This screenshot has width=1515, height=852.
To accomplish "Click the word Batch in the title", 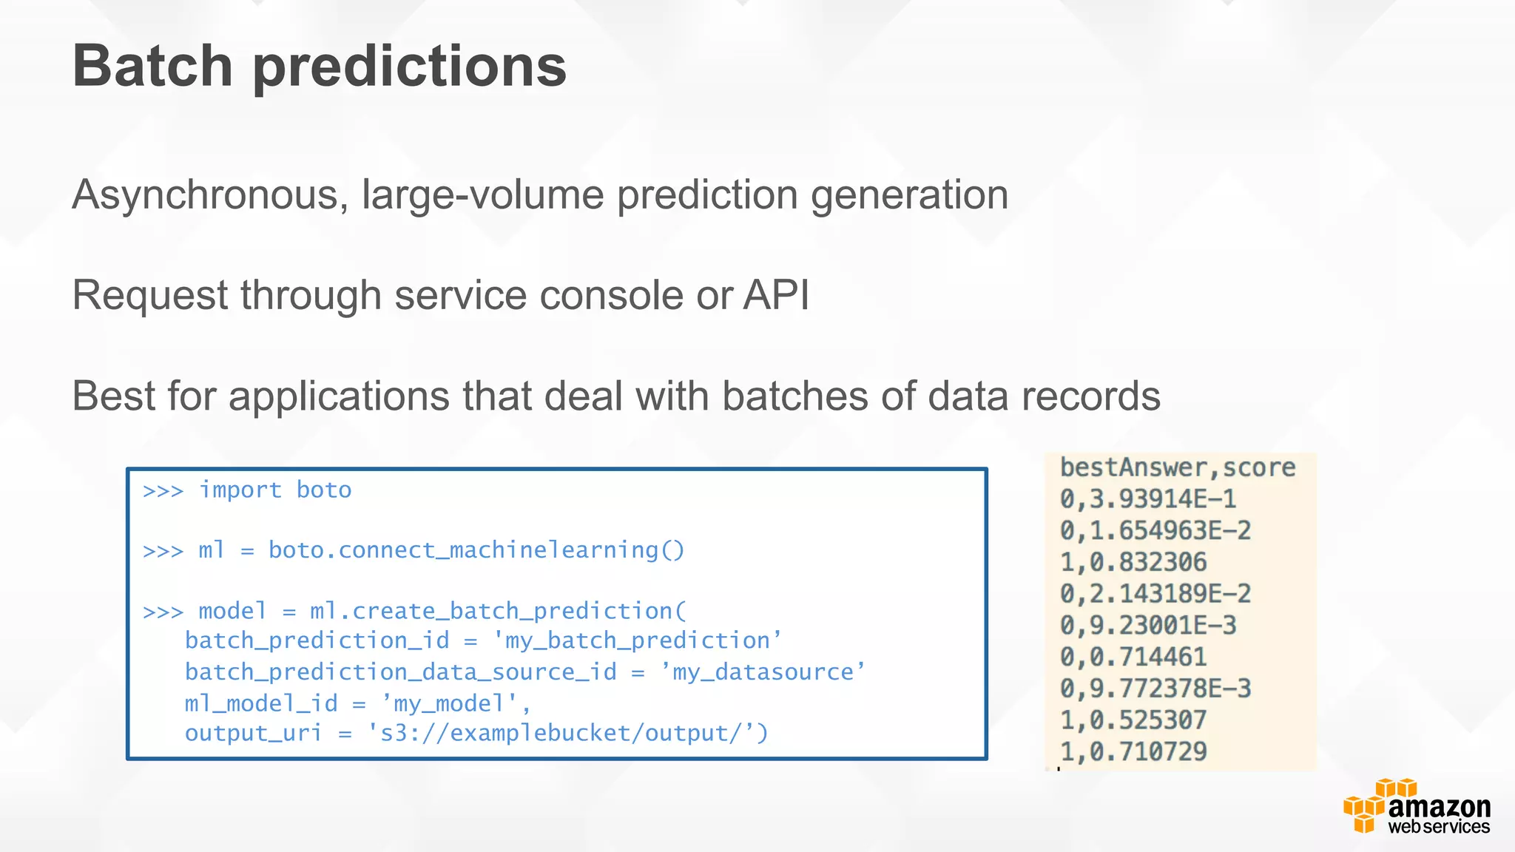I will click(x=152, y=67).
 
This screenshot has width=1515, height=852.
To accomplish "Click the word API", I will click(x=776, y=295).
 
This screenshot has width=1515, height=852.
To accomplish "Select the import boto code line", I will click(x=274, y=490).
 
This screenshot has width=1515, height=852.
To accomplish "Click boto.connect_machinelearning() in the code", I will click(x=476, y=550).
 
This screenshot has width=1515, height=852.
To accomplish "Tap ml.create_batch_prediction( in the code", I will click(x=498, y=611).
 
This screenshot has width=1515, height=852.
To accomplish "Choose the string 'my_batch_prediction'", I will click(x=637, y=640).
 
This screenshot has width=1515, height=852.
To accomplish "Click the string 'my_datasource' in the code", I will click(x=763, y=672).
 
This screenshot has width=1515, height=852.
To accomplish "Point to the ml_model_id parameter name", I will click(x=260, y=703).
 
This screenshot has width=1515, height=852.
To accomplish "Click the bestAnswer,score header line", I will click(x=1177, y=467).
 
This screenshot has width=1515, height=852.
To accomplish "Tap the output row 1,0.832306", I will click(x=1133, y=562).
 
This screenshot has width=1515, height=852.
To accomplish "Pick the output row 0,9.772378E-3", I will click(x=1155, y=689).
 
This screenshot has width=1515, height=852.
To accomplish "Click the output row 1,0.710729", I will click(x=1133, y=751).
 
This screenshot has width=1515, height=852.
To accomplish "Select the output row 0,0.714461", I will click(x=1133, y=657).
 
